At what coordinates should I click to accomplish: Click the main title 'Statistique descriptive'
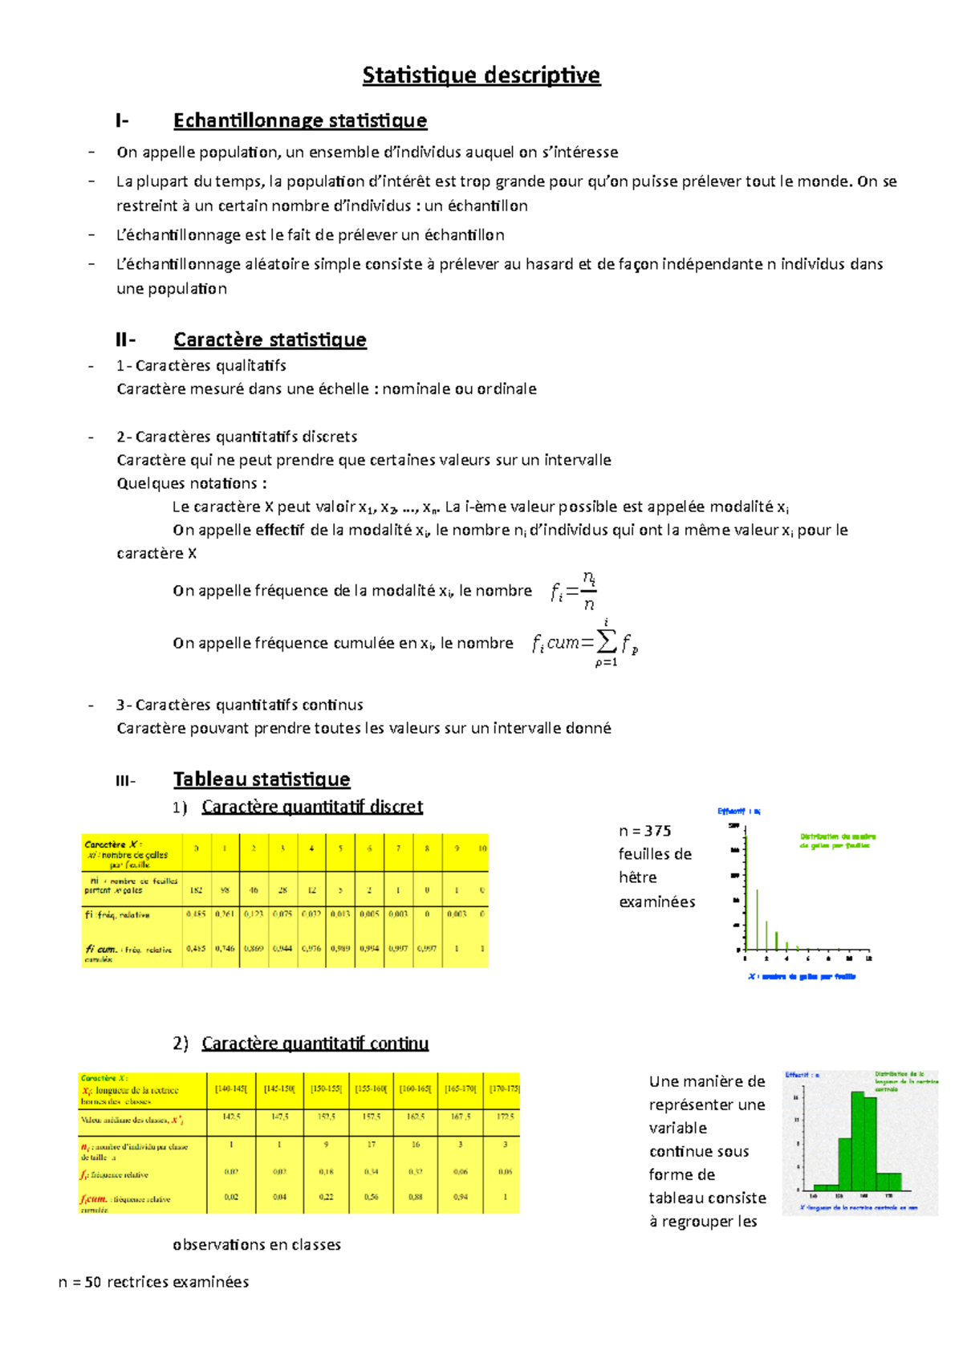(x=481, y=75)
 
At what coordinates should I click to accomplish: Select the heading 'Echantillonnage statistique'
(x=300, y=120)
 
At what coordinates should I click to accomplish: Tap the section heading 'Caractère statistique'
(x=270, y=340)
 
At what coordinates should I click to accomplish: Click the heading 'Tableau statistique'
(x=262, y=779)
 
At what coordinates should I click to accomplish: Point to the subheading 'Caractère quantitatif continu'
(x=315, y=1043)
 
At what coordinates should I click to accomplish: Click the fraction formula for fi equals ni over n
(x=574, y=592)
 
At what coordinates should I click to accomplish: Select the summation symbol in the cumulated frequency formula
(x=606, y=641)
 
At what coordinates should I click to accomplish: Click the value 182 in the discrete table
(x=196, y=890)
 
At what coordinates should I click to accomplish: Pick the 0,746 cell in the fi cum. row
(x=225, y=948)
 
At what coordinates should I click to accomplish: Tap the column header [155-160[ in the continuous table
(x=371, y=1089)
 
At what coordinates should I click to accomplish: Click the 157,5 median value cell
(x=371, y=1117)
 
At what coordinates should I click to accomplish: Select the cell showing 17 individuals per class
(x=371, y=1145)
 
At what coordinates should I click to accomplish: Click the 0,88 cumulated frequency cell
(x=416, y=1197)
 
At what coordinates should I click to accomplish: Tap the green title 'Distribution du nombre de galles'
(x=837, y=840)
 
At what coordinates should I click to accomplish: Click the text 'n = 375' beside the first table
(x=644, y=831)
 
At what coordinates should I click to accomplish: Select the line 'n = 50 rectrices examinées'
(x=153, y=1282)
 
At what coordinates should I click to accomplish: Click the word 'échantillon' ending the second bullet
(x=487, y=205)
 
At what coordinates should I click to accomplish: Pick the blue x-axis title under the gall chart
(x=802, y=977)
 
